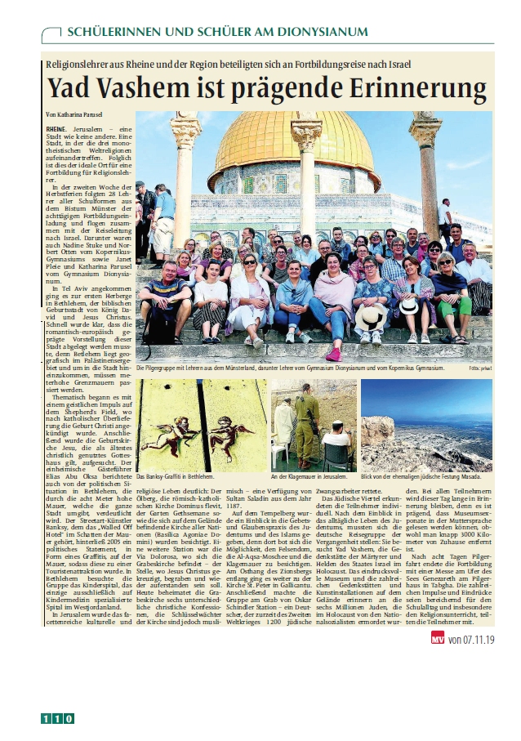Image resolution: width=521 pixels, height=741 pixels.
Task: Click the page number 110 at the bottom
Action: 58,719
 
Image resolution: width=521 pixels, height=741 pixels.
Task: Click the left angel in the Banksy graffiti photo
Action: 171,431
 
